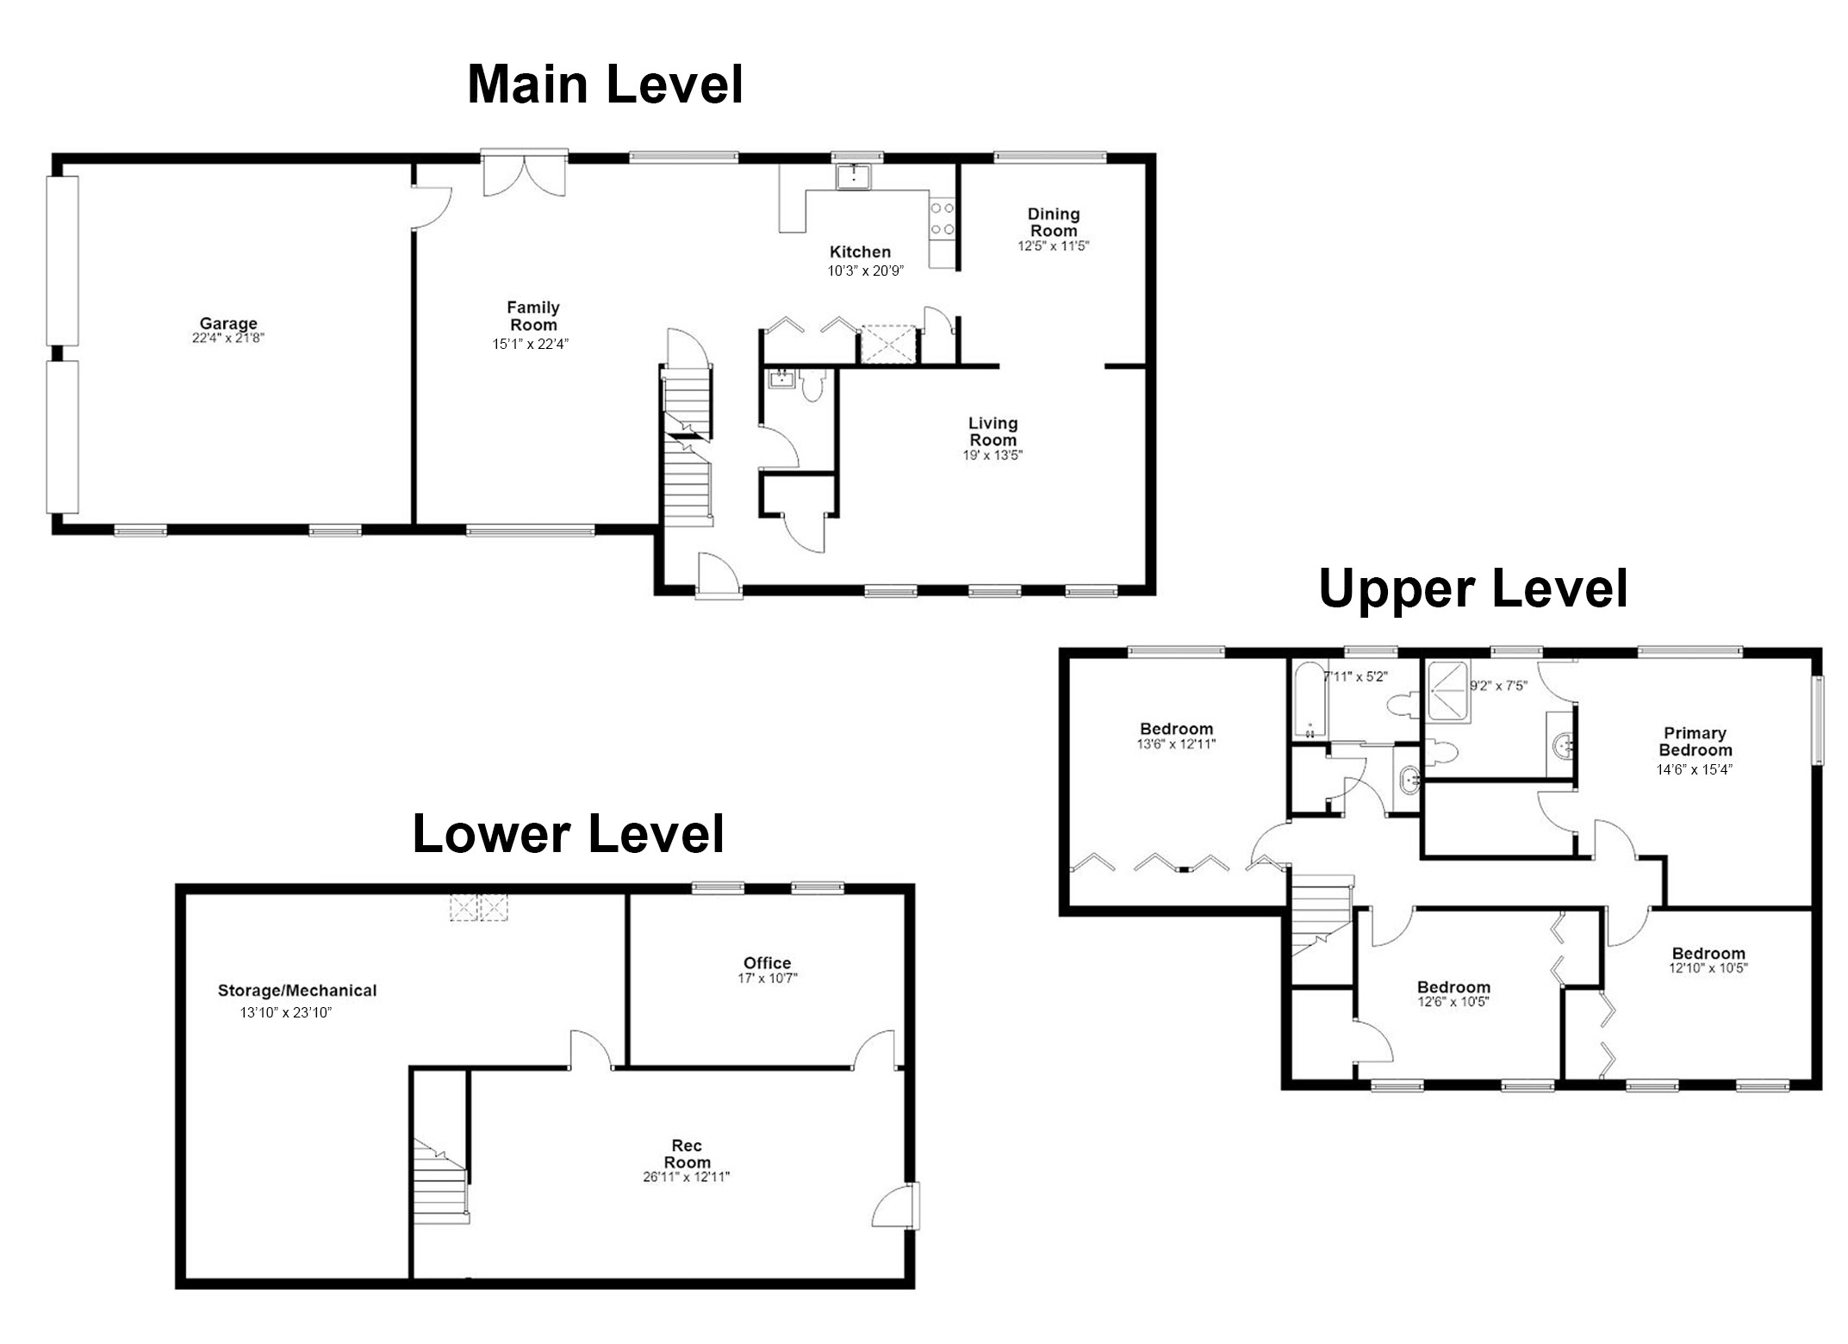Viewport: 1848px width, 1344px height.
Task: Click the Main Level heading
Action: pyautogui.click(x=605, y=85)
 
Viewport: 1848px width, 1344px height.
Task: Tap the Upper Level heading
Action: pyautogui.click(x=1473, y=589)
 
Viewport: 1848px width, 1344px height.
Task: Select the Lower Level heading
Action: pyautogui.click(x=569, y=834)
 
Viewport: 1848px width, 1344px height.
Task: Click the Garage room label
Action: pyautogui.click(x=228, y=324)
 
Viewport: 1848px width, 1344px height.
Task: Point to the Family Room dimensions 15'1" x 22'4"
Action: pyautogui.click(x=531, y=344)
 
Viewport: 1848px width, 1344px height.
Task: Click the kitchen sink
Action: pyautogui.click(x=854, y=177)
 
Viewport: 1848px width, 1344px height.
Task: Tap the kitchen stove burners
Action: pyautogui.click(x=943, y=218)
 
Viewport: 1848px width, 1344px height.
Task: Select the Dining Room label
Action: pyautogui.click(x=1054, y=222)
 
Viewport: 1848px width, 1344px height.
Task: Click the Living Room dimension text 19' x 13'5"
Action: pyautogui.click(x=992, y=455)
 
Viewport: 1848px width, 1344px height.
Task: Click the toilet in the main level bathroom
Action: pyautogui.click(x=812, y=384)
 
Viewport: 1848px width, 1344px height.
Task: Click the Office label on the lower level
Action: pyautogui.click(x=767, y=963)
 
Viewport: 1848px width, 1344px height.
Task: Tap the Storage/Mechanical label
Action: pyautogui.click(x=297, y=991)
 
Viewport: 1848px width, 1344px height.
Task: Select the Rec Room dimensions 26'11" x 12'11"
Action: pyautogui.click(x=687, y=1178)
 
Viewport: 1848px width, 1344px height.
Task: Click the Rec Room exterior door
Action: pyautogui.click(x=896, y=1205)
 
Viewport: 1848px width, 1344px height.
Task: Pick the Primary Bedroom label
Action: pyautogui.click(x=1695, y=741)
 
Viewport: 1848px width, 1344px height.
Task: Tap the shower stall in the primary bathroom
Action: pyautogui.click(x=1448, y=692)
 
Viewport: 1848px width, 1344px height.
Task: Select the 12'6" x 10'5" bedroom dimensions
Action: pyautogui.click(x=1453, y=1002)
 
